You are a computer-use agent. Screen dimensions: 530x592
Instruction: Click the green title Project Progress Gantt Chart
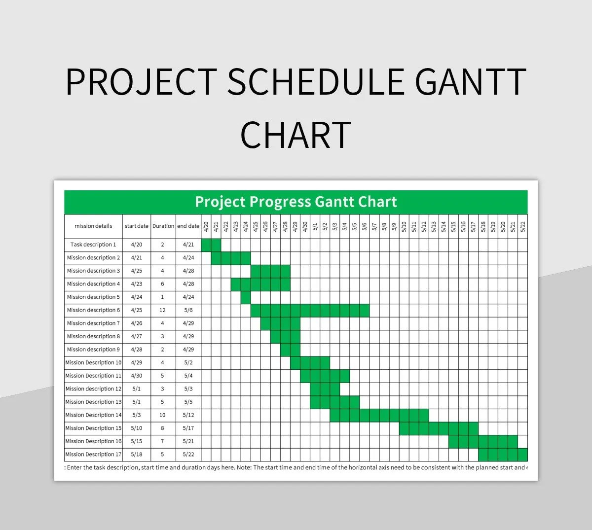click(296, 202)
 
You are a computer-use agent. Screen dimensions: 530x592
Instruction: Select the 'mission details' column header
click(93, 226)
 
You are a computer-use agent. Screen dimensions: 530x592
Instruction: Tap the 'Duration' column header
click(163, 226)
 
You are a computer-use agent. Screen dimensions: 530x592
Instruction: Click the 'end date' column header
click(188, 226)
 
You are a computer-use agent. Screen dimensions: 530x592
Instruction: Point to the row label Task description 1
click(93, 245)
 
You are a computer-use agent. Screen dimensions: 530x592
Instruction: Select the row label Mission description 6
click(93, 310)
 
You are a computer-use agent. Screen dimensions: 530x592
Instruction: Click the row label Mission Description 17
click(93, 455)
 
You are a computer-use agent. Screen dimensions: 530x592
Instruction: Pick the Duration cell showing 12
click(162, 310)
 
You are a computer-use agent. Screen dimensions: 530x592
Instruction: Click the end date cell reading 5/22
click(188, 455)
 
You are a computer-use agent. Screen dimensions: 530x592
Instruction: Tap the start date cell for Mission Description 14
click(137, 415)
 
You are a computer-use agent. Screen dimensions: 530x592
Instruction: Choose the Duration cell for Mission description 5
click(162, 297)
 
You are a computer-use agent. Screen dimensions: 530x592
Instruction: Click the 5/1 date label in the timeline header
click(315, 227)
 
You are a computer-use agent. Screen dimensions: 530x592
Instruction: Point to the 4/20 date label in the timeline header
click(206, 227)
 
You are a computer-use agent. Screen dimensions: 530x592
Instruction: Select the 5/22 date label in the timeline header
click(523, 227)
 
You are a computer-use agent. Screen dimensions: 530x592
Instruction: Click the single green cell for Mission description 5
click(246, 297)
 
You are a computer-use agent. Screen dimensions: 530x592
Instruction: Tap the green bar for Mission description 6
click(310, 310)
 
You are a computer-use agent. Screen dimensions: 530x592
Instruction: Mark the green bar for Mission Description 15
click(438, 428)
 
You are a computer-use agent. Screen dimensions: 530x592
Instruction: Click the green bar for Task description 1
click(211, 245)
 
